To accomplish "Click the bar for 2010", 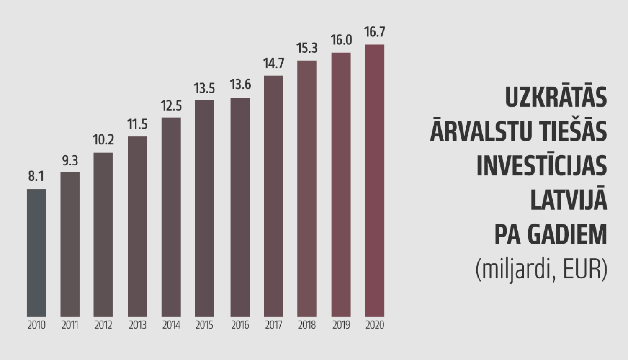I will click(36, 252).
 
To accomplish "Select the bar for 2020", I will click(374, 180).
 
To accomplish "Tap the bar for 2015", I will click(204, 208).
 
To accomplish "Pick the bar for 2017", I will click(273, 196).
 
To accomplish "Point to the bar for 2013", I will click(137, 226).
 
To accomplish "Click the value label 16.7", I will click(374, 32).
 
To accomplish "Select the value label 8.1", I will click(36, 176).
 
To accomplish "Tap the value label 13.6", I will click(240, 85).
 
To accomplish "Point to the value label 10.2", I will click(103, 140).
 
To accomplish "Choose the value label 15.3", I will click(307, 48).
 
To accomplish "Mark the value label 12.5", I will click(171, 106).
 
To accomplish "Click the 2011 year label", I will click(70, 325).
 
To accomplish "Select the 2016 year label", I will click(240, 325).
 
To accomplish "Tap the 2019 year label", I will click(341, 325).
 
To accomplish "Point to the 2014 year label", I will click(171, 325).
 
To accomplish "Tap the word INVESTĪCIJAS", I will click(541, 166).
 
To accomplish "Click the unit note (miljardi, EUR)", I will click(541, 269).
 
